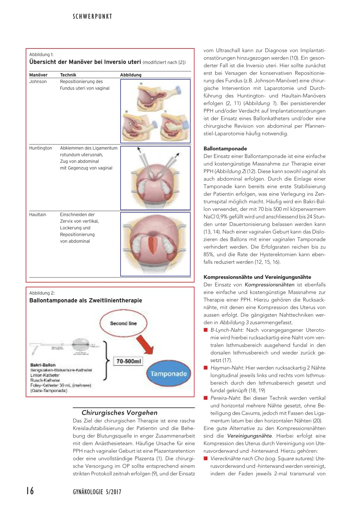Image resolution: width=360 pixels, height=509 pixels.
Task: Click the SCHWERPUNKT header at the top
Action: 92,17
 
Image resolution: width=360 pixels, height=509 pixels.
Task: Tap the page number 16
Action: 30,491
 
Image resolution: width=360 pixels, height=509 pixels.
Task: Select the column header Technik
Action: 68,75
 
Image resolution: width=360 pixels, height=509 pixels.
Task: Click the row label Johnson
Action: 38,82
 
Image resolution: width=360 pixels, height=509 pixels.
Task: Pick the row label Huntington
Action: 40,148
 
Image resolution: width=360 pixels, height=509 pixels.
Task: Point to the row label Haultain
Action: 38,214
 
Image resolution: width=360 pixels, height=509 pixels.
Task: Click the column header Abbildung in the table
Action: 131,75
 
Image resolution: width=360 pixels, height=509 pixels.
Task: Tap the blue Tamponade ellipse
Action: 168,374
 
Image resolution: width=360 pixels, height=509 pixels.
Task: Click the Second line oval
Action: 123,323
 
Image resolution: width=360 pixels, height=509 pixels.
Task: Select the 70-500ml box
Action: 129,361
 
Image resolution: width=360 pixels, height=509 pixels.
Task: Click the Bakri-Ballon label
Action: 43,365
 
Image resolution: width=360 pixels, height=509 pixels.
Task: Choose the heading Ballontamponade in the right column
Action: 225,148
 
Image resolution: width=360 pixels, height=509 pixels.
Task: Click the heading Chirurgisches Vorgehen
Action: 120,413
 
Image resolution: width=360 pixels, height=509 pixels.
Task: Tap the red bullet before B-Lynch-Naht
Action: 206,330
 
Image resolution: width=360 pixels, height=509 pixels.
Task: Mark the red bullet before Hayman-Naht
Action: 206,368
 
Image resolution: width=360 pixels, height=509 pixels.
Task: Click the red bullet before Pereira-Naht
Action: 206,398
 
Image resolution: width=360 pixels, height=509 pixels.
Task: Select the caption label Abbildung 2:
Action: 42,293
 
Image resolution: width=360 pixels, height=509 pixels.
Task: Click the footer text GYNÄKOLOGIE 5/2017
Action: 97,492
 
